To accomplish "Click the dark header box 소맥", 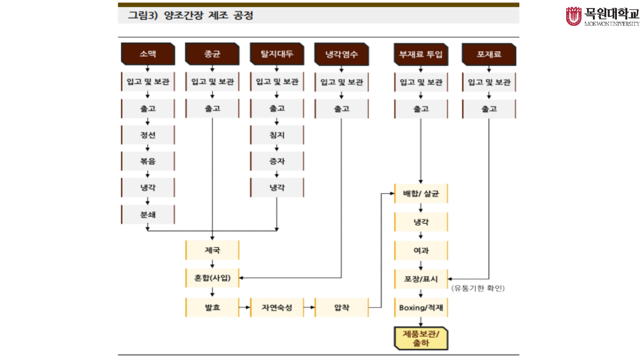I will [x=148, y=54].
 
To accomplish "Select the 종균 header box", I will [x=212, y=54].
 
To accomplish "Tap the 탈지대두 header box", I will [x=277, y=54].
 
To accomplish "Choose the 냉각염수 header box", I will [x=341, y=54].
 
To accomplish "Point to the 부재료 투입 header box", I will [x=421, y=54].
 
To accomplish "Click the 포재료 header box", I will [x=489, y=54].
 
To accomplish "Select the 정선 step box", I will [x=148, y=135].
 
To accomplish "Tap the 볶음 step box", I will [x=148, y=161].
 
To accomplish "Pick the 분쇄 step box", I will [x=148, y=215].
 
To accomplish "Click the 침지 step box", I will [x=277, y=135].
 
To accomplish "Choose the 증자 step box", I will [x=277, y=161].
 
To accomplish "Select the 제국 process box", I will [x=212, y=250].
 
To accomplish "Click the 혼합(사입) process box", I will [x=212, y=278].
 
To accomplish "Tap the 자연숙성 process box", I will [x=277, y=307].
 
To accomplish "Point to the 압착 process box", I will [x=341, y=307].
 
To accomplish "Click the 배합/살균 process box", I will [x=421, y=194].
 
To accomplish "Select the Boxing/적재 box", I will [x=421, y=307].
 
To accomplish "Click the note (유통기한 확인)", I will [x=478, y=288].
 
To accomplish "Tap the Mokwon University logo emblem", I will [x=573, y=16].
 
